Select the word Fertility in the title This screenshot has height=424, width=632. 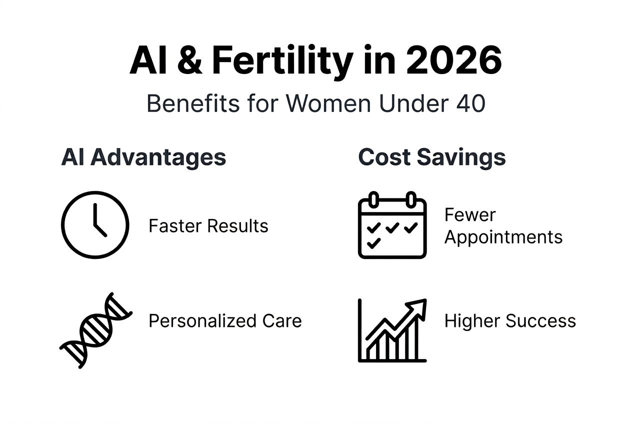pos(282,61)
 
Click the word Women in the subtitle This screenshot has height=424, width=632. pos(328,103)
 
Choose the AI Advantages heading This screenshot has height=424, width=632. pos(143,157)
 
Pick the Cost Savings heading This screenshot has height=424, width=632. pos(432,157)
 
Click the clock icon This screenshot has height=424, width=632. pos(95,225)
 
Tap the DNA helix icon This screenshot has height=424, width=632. pos(95,330)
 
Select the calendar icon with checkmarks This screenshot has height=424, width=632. pos(392,225)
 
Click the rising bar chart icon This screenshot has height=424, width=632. pos(392,330)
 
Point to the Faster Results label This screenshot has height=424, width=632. pos(208,226)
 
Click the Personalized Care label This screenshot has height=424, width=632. pos(225,320)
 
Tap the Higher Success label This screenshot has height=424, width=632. pos(510,320)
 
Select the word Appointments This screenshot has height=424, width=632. pos(503,237)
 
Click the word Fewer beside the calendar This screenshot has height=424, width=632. pos(470,215)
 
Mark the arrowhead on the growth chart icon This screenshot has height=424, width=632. pos(419,306)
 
